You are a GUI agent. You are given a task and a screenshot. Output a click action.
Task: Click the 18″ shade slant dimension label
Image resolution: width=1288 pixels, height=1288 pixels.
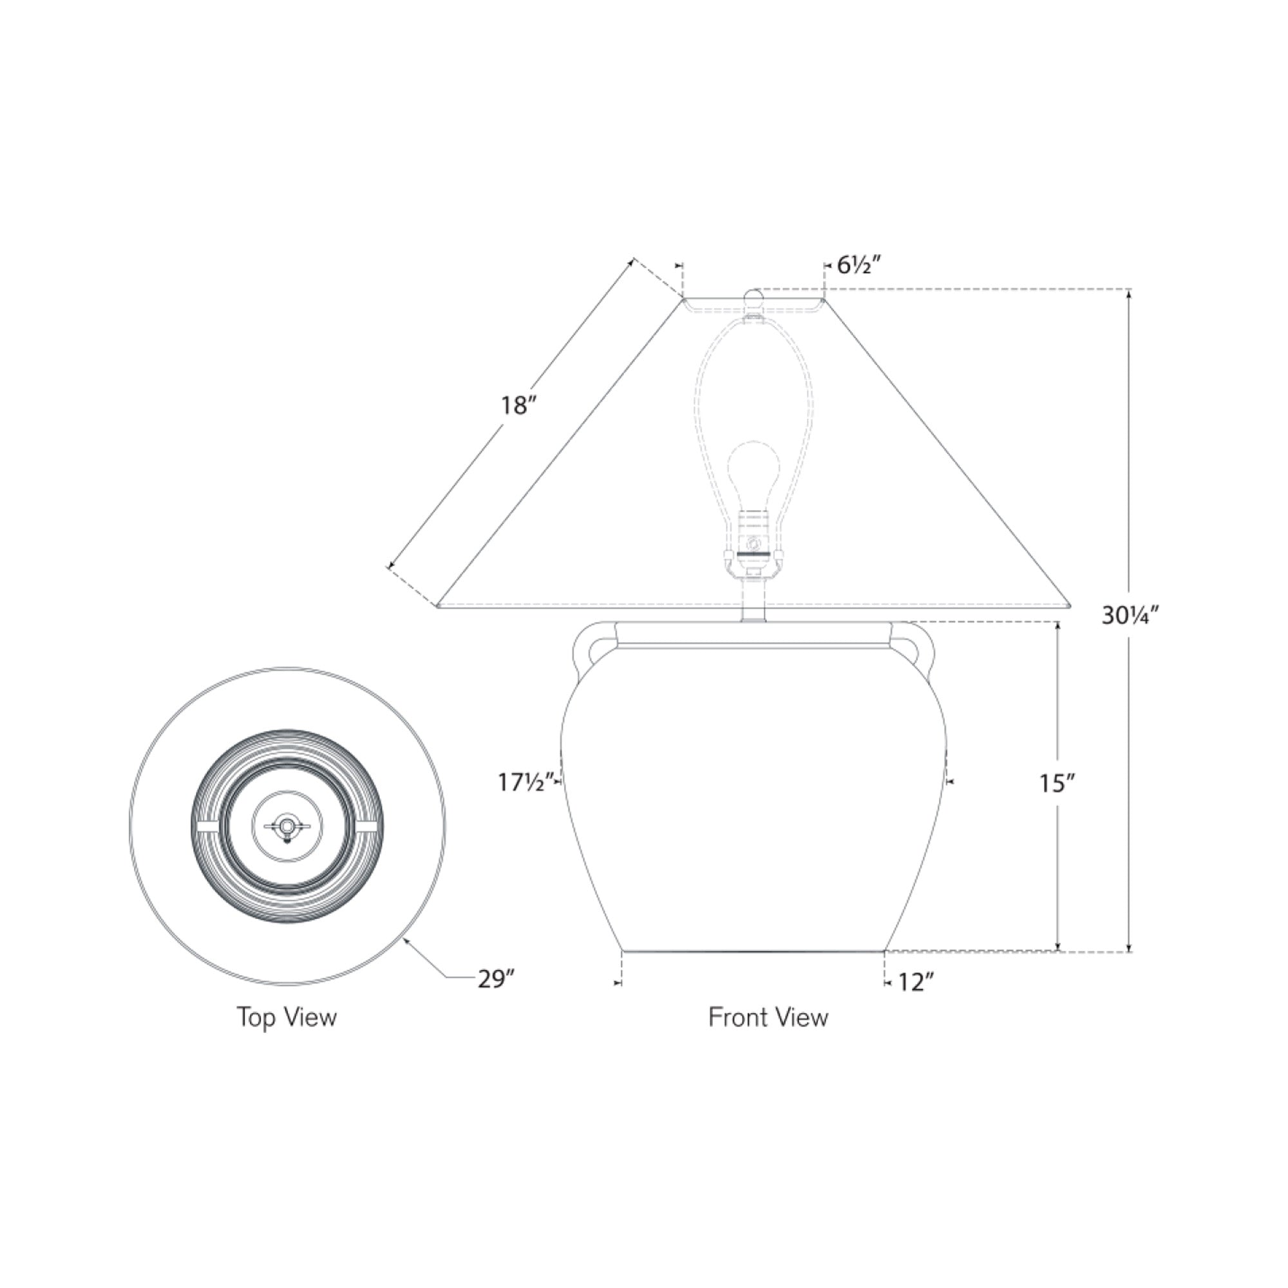(519, 405)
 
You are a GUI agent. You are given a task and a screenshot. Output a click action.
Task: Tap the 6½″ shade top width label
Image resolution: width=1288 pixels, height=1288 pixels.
(860, 265)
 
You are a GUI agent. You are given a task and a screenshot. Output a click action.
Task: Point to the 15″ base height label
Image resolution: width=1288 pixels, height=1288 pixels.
(1057, 784)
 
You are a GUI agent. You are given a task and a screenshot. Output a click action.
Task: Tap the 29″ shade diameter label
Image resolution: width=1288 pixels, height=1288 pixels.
(497, 980)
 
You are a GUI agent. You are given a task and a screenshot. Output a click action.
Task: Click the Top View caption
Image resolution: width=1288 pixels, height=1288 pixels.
(287, 1018)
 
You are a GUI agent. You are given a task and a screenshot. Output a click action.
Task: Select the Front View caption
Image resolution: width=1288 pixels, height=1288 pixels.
(768, 1018)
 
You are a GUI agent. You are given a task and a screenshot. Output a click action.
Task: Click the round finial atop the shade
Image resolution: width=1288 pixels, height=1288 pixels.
(753, 298)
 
